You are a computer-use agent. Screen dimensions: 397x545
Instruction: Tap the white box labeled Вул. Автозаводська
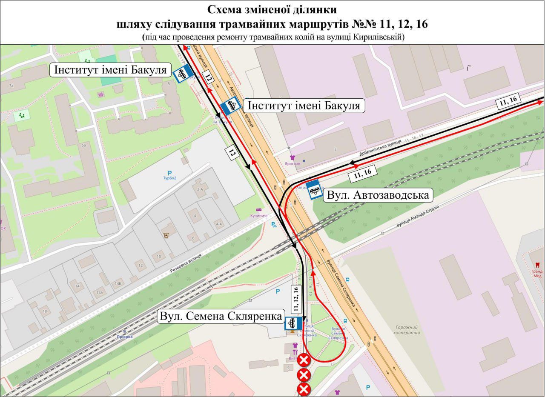[378, 195]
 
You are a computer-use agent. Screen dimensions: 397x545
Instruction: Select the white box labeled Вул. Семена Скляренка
[221, 316]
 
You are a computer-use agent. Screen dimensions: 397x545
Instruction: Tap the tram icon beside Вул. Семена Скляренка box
[293, 323]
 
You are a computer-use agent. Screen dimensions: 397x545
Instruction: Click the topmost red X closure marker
[304, 360]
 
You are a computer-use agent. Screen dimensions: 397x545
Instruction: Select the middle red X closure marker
[304, 375]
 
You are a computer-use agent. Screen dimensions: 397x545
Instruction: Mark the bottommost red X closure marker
[304, 389]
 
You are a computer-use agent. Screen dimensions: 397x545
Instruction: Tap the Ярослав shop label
[293, 163]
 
